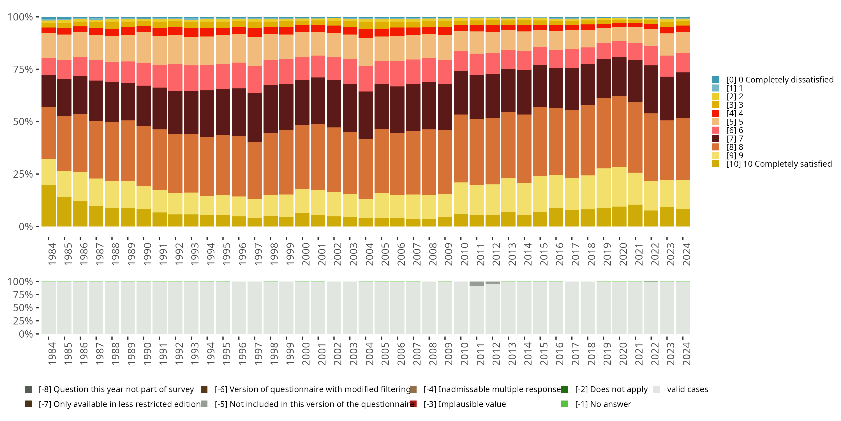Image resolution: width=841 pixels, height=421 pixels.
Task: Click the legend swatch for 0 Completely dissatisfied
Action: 715,79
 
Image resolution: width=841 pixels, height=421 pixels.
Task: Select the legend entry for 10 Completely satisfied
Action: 779,164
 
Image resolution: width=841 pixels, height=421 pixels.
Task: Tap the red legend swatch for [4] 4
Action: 715,113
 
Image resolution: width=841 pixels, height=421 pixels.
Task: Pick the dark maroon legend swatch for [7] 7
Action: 715,139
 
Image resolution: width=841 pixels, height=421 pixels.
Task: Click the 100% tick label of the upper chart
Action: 20,17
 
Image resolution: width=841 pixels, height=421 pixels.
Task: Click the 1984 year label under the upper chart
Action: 52,254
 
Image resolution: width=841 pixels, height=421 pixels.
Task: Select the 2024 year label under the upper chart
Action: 687,254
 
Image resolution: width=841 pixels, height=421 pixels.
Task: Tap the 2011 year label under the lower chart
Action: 480,354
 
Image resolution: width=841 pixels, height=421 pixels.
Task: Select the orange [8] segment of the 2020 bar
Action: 619,132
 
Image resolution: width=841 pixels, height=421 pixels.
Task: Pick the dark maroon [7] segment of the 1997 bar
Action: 255,118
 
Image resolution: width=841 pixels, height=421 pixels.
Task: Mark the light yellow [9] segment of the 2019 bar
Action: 603,188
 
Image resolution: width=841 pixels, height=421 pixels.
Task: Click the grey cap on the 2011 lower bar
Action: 477,284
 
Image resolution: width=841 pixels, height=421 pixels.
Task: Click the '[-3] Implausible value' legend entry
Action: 464,404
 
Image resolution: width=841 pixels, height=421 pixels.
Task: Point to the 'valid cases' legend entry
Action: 687,389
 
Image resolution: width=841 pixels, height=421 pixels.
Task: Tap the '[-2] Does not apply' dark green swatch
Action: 565,389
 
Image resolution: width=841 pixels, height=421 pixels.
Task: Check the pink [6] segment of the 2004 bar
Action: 366,79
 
